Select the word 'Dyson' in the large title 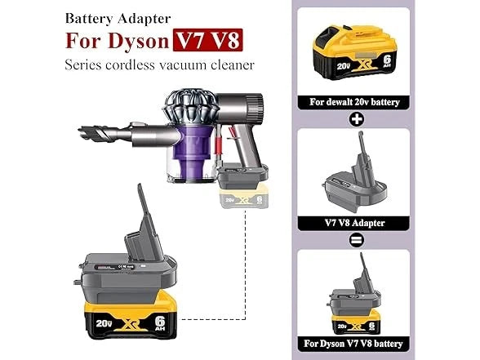[x=139, y=40]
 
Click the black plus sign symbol [x=355, y=120]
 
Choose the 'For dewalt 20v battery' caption [x=354, y=103]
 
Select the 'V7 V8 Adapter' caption [x=354, y=222]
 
